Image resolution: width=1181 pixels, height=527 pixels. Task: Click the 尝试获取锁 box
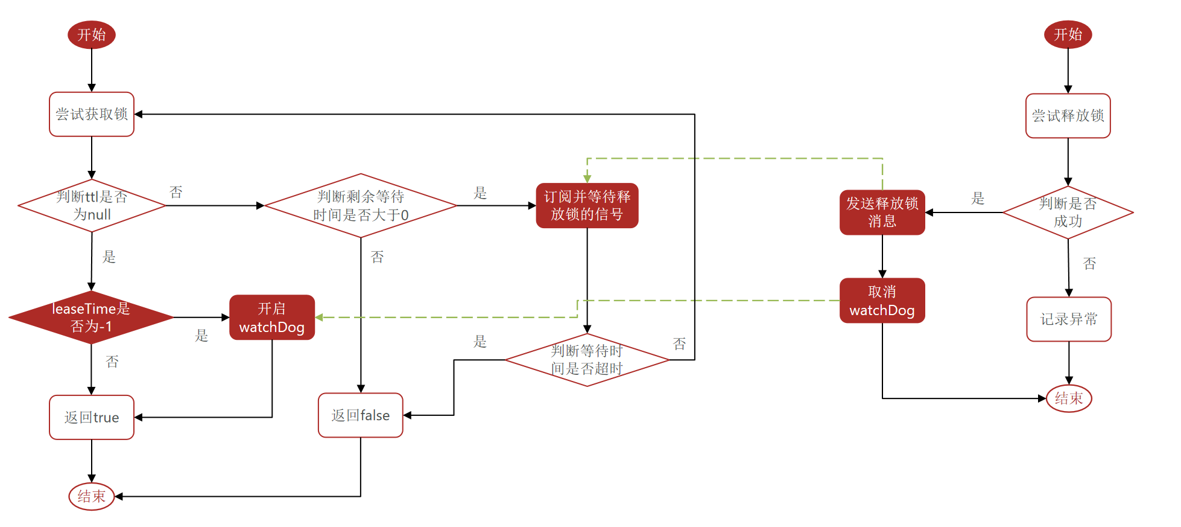point(92,114)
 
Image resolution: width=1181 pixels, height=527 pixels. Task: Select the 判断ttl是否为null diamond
point(92,205)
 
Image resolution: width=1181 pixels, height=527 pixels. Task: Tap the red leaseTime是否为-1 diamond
point(91,317)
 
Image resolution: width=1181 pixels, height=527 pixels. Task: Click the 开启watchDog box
point(272,318)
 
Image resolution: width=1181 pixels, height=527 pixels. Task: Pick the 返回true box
point(92,417)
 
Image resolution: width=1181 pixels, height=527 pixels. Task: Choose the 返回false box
point(361,415)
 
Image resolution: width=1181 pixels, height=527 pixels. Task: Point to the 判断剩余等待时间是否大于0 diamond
point(361,205)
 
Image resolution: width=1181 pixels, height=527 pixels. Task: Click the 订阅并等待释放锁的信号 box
point(587,205)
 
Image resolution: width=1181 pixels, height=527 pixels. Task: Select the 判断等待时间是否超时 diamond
point(587,360)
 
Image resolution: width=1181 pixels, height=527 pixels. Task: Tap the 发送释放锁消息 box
point(882,212)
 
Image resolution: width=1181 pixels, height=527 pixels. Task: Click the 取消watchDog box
point(882,301)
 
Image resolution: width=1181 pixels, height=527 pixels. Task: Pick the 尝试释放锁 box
point(1068,115)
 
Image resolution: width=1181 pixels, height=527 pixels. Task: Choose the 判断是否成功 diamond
point(1068,212)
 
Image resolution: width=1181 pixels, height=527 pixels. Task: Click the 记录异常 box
point(1069,319)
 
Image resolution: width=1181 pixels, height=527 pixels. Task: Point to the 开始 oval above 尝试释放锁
point(1068,34)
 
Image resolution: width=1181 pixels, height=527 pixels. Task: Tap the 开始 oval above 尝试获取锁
point(92,34)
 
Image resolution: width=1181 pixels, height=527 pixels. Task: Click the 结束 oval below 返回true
point(92,496)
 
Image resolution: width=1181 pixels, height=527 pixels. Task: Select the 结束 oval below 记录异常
point(1069,398)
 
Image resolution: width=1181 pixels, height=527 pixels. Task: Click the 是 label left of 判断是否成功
point(978,198)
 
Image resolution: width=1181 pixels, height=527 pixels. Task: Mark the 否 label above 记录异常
point(1089,263)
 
